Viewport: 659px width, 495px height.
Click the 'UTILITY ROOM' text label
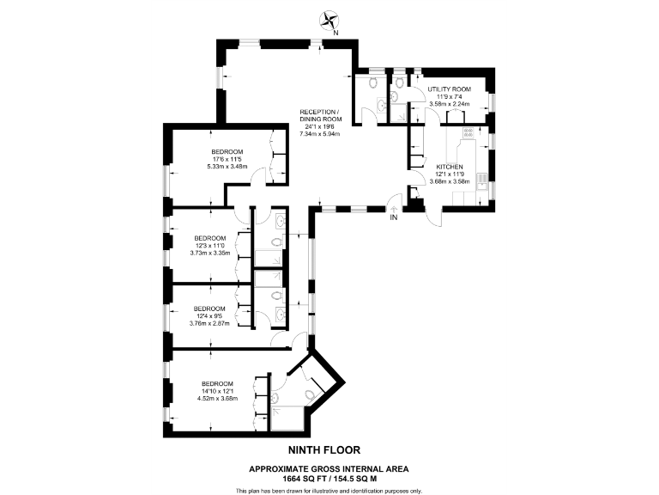(x=450, y=89)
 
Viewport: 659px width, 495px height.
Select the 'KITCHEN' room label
(x=450, y=167)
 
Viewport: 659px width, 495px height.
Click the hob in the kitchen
(x=469, y=133)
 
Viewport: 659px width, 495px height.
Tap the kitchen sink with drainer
(x=483, y=182)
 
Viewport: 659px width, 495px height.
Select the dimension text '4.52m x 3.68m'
(x=216, y=398)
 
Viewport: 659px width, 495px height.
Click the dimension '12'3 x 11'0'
(x=209, y=245)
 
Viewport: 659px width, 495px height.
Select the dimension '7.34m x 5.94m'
(x=319, y=134)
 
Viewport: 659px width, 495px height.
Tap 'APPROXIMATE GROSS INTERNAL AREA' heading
(x=329, y=468)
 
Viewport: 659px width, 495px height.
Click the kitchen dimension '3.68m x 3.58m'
(x=450, y=180)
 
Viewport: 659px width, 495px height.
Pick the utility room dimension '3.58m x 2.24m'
(x=450, y=103)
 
